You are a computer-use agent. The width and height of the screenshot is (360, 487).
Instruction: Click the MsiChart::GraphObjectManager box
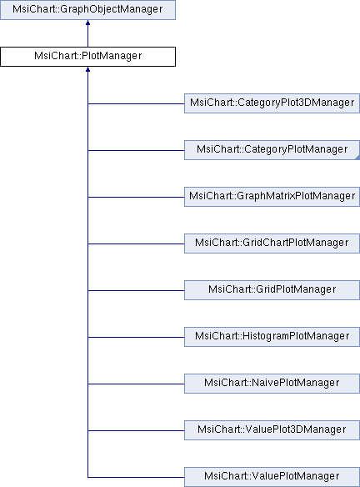coord(87,10)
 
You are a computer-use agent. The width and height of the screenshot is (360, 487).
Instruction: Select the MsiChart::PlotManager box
coord(87,57)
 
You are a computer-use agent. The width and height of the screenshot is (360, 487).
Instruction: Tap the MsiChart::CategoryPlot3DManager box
coord(272,103)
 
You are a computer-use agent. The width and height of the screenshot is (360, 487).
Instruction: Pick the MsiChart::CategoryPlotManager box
coord(272,150)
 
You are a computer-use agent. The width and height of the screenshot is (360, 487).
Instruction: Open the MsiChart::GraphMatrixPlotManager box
coord(272,197)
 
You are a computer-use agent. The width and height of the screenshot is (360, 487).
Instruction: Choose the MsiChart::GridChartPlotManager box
coord(272,243)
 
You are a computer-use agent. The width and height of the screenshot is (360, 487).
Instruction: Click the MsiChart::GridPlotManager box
coord(272,290)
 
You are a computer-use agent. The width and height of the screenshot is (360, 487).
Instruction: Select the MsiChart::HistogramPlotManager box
coord(272,337)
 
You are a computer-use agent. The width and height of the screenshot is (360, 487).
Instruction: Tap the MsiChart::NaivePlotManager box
coord(272,384)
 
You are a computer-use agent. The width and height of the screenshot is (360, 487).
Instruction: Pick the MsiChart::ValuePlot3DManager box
coord(272,430)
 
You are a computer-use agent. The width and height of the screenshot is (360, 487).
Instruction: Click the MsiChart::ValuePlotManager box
coord(272,477)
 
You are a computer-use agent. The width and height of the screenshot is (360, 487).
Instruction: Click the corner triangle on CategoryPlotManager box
coord(356,156)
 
